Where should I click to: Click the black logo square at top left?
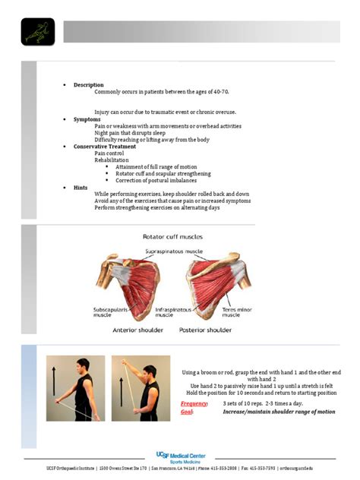click(x=37, y=32)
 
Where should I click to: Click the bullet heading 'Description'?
click(x=88, y=85)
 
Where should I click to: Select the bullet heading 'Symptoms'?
click(x=87, y=119)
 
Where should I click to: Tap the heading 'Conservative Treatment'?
click(x=105, y=147)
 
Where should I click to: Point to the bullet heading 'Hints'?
click(x=81, y=187)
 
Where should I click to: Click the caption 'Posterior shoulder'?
click(x=207, y=330)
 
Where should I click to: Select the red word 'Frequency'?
click(x=194, y=403)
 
